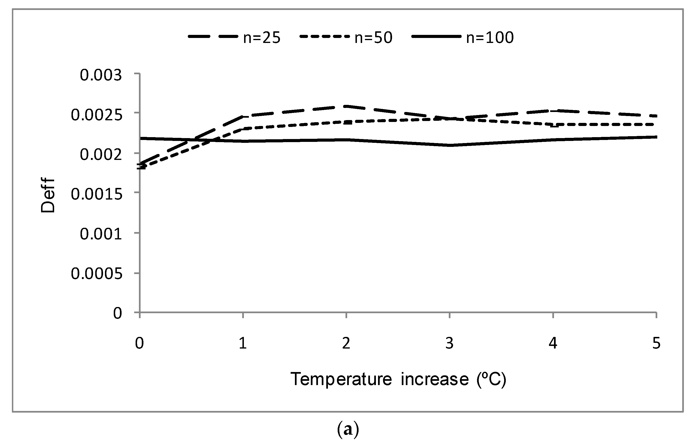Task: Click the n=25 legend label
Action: (x=262, y=38)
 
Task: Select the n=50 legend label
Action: (x=373, y=38)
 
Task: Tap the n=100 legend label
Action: (x=490, y=38)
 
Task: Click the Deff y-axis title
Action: (x=48, y=195)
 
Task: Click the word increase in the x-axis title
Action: (x=435, y=379)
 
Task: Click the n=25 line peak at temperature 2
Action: (x=346, y=106)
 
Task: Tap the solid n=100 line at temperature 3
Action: (x=450, y=145)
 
